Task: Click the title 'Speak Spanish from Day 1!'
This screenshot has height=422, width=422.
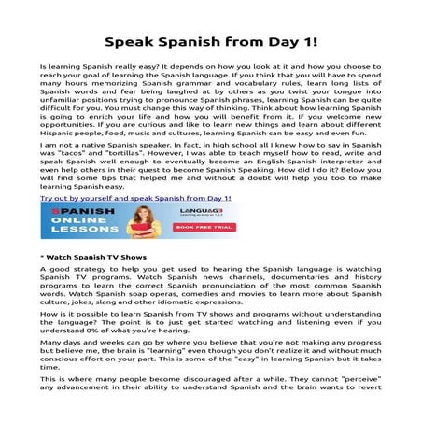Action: pos(210,43)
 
